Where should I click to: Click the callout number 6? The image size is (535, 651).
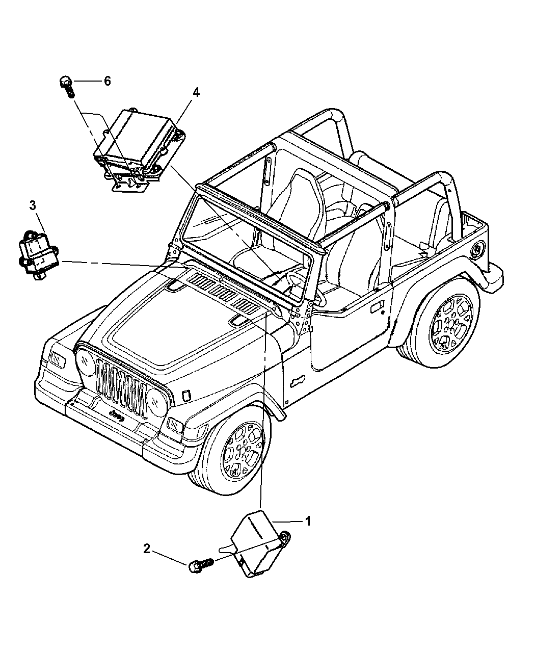107,81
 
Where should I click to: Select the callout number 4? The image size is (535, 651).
196,92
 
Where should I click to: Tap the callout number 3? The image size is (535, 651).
33,206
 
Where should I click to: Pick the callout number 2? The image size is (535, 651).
147,549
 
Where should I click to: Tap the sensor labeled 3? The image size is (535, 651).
38,254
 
